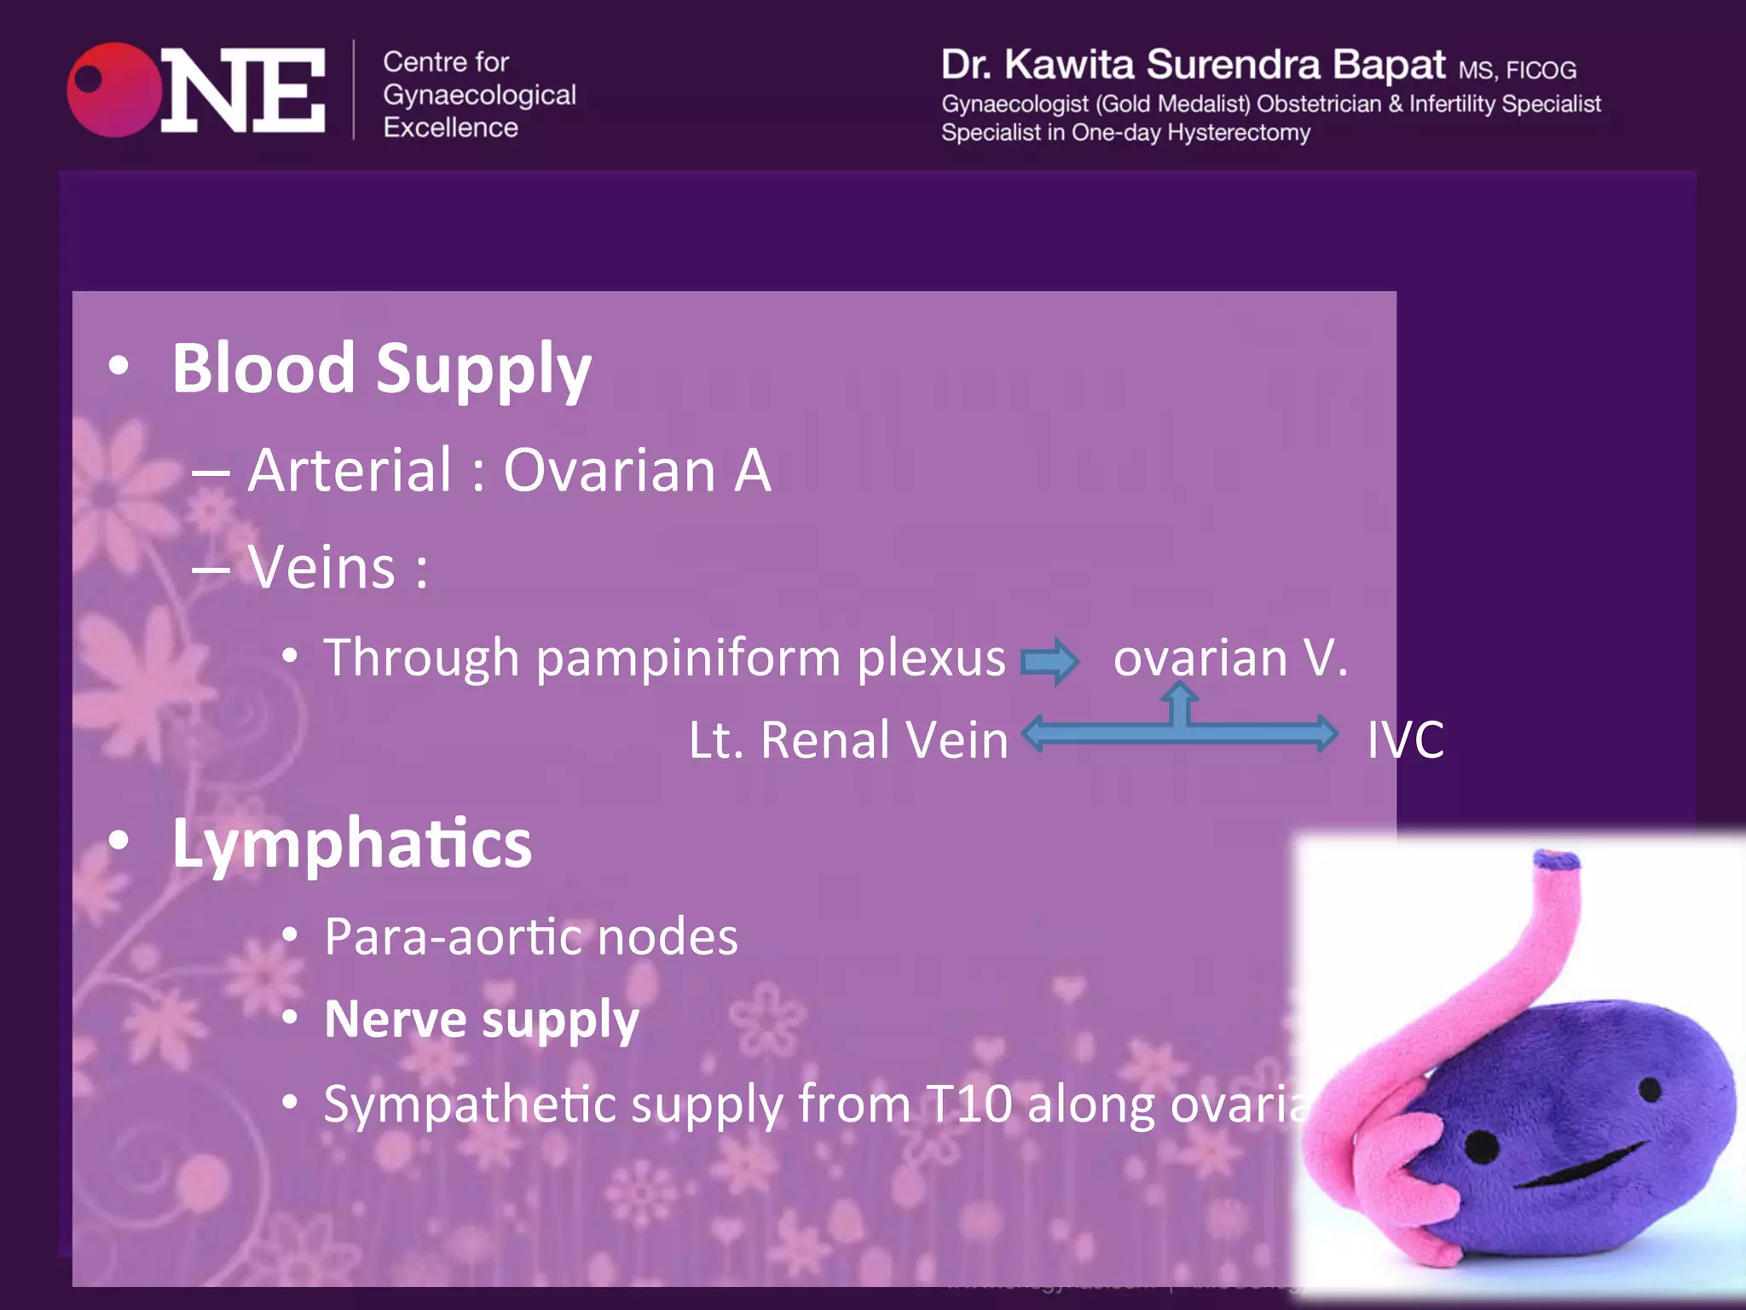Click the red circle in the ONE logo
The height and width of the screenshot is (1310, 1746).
coord(113,90)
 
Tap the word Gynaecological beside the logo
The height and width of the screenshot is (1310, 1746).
coord(479,95)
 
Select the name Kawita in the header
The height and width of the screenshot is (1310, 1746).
coord(1069,65)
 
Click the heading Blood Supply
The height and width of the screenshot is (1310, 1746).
coord(381,368)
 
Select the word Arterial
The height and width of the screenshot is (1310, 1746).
coord(350,470)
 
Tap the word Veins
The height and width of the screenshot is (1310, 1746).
coord(322,567)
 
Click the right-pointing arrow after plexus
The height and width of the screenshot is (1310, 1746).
coord(1050,661)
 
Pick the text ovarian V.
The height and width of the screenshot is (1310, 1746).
coord(1230,658)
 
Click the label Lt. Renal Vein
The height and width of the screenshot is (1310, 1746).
coord(848,739)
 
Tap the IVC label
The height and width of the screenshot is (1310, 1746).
coord(1405,739)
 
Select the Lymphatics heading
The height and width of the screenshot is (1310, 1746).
coord(351,843)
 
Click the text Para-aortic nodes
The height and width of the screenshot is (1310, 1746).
coord(530,937)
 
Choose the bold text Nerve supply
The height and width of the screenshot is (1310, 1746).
coord(482,1019)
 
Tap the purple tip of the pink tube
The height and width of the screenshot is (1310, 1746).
coord(1556,860)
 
